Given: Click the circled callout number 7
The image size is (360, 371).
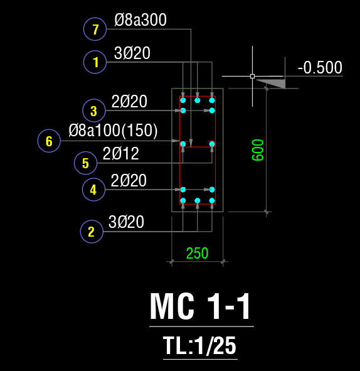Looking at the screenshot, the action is click(95, 29).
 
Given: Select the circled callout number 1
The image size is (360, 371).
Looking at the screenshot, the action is click(95, 62).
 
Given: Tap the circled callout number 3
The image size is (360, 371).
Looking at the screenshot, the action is click(94, 110).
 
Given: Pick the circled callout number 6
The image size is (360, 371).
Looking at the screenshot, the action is click(49, 141).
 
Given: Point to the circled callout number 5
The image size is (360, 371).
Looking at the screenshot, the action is click(85, 163).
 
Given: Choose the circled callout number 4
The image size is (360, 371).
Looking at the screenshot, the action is click(93, 190).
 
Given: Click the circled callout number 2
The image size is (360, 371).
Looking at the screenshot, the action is click(92, 232).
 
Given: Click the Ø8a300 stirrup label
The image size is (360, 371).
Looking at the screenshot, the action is click(140, 19).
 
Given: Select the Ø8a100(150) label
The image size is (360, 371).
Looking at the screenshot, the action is click(113, 130).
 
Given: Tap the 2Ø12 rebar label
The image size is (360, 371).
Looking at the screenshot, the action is click(121, 153).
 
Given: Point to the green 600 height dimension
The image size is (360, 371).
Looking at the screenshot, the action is click(258, 150).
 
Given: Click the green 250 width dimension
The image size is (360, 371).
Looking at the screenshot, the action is click(197, 253).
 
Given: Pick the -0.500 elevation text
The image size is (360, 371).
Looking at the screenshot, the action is click(320, 67).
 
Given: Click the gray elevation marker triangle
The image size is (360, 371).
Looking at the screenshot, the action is click(275, 83).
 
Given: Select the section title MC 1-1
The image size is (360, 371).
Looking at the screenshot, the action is click(200, 306).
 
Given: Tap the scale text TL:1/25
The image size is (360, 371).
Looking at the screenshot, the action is click(199, 346).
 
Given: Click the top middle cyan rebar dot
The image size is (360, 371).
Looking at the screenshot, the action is click(198, 100).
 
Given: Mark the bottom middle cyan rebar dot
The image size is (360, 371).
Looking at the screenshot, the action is click(198, 201).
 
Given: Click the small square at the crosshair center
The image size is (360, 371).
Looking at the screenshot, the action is click(253, 76).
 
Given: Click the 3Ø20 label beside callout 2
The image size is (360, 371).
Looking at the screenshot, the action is click(126, 222).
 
